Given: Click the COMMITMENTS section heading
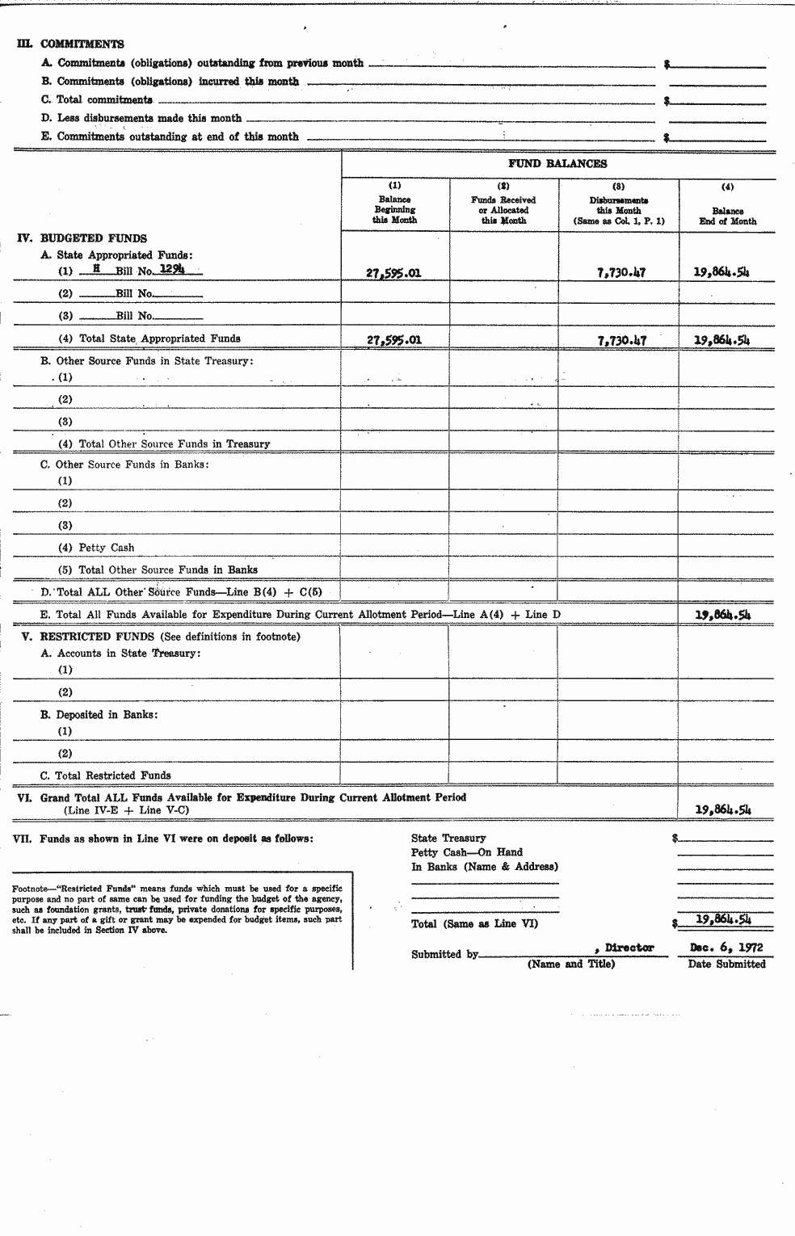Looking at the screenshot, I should pos(82,44).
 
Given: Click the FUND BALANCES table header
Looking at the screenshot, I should pos(557,164).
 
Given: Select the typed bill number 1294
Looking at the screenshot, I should pos(171,270).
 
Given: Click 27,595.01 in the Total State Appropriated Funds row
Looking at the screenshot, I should pos(393,340).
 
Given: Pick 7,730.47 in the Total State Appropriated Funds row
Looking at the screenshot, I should pos(620,340).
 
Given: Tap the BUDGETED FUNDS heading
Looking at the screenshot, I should pos(93,238).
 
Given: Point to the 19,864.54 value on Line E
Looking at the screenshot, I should pos(722,615).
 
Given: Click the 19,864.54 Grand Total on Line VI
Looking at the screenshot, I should pos(722,809).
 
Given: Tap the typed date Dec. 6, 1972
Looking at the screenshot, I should pos(726,948).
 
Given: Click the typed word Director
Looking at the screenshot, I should pos(629,948).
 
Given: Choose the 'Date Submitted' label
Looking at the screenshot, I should pos(726,964).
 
